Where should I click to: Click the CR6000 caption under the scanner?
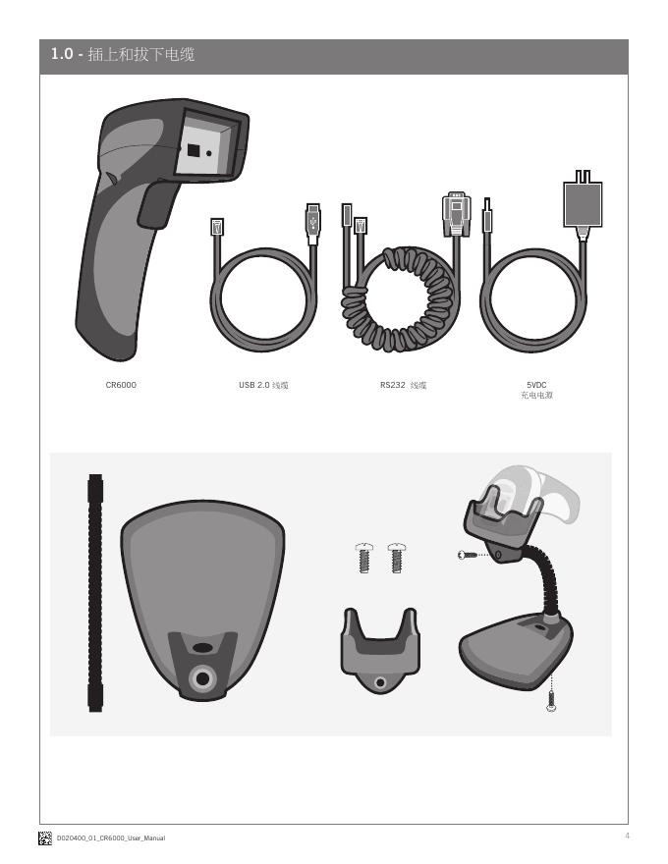click(121, 385)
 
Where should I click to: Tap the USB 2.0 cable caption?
click(263, 385)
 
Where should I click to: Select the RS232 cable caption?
click(403, 385)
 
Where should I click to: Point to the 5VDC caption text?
click(536, 385)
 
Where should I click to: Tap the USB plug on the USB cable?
click(313, 223)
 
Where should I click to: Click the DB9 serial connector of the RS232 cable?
click(457, 214)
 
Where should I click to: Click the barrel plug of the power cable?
click(486, 215)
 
